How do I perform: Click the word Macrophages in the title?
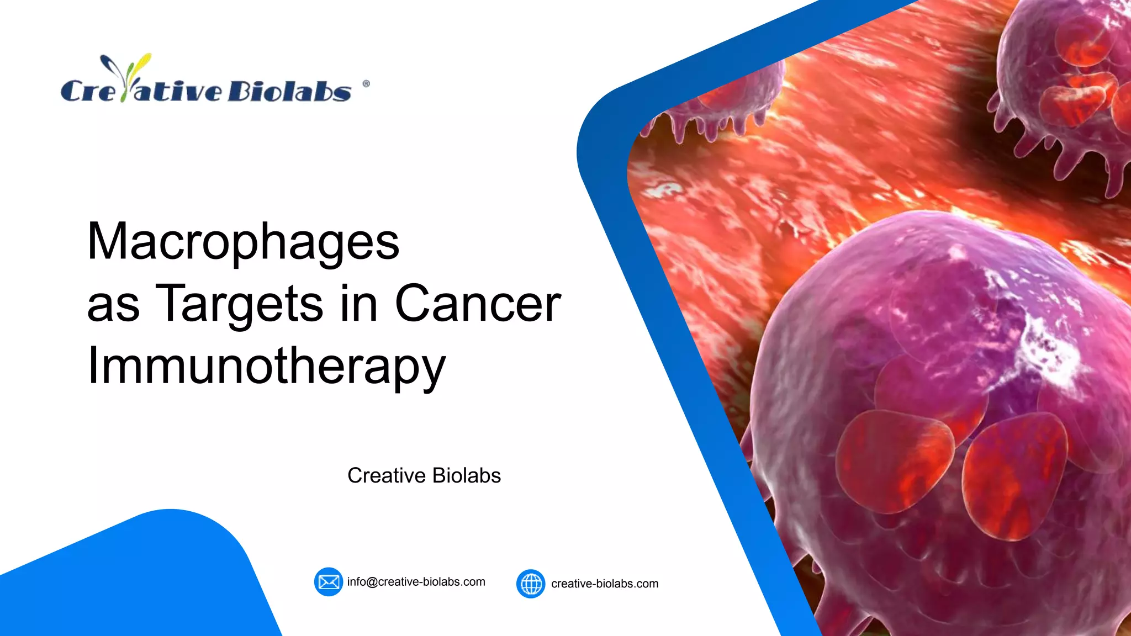click(243, 242)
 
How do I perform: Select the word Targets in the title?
click(239, 304)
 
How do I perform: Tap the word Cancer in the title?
click(478, 304)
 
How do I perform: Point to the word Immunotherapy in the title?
click(266, 366)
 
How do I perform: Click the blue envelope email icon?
click(329, 582)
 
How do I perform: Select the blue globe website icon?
click(531, 584)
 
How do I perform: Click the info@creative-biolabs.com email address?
click(416, 582)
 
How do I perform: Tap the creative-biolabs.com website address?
click(604, 584)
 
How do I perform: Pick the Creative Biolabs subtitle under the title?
click(424, 475)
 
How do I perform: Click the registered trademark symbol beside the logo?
click(366, 84)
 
